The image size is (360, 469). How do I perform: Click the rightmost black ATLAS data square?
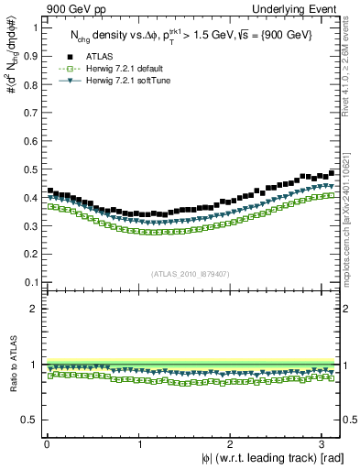click(x=332, y=172)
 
